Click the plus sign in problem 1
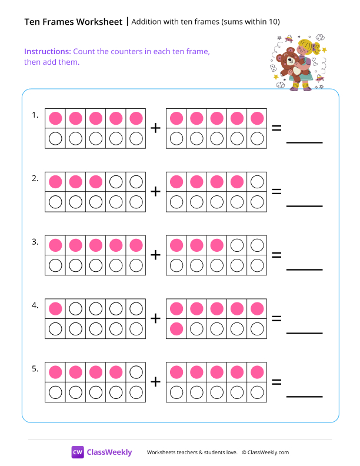pos(155,128)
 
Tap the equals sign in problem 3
pos(276,255)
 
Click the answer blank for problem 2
pos(304,205)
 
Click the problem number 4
pos(35,305)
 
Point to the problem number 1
pos(35,115)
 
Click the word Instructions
pos(48,51)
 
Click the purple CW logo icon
pos(78,452)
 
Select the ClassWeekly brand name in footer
pos(109,452)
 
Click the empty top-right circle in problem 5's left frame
pos(136,372)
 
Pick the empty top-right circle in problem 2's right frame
pos(257,181)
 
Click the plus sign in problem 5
pos(155,382)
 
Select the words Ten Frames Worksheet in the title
pos(74,22)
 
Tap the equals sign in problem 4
pos(276,318)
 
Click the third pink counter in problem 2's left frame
pos(96,181)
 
